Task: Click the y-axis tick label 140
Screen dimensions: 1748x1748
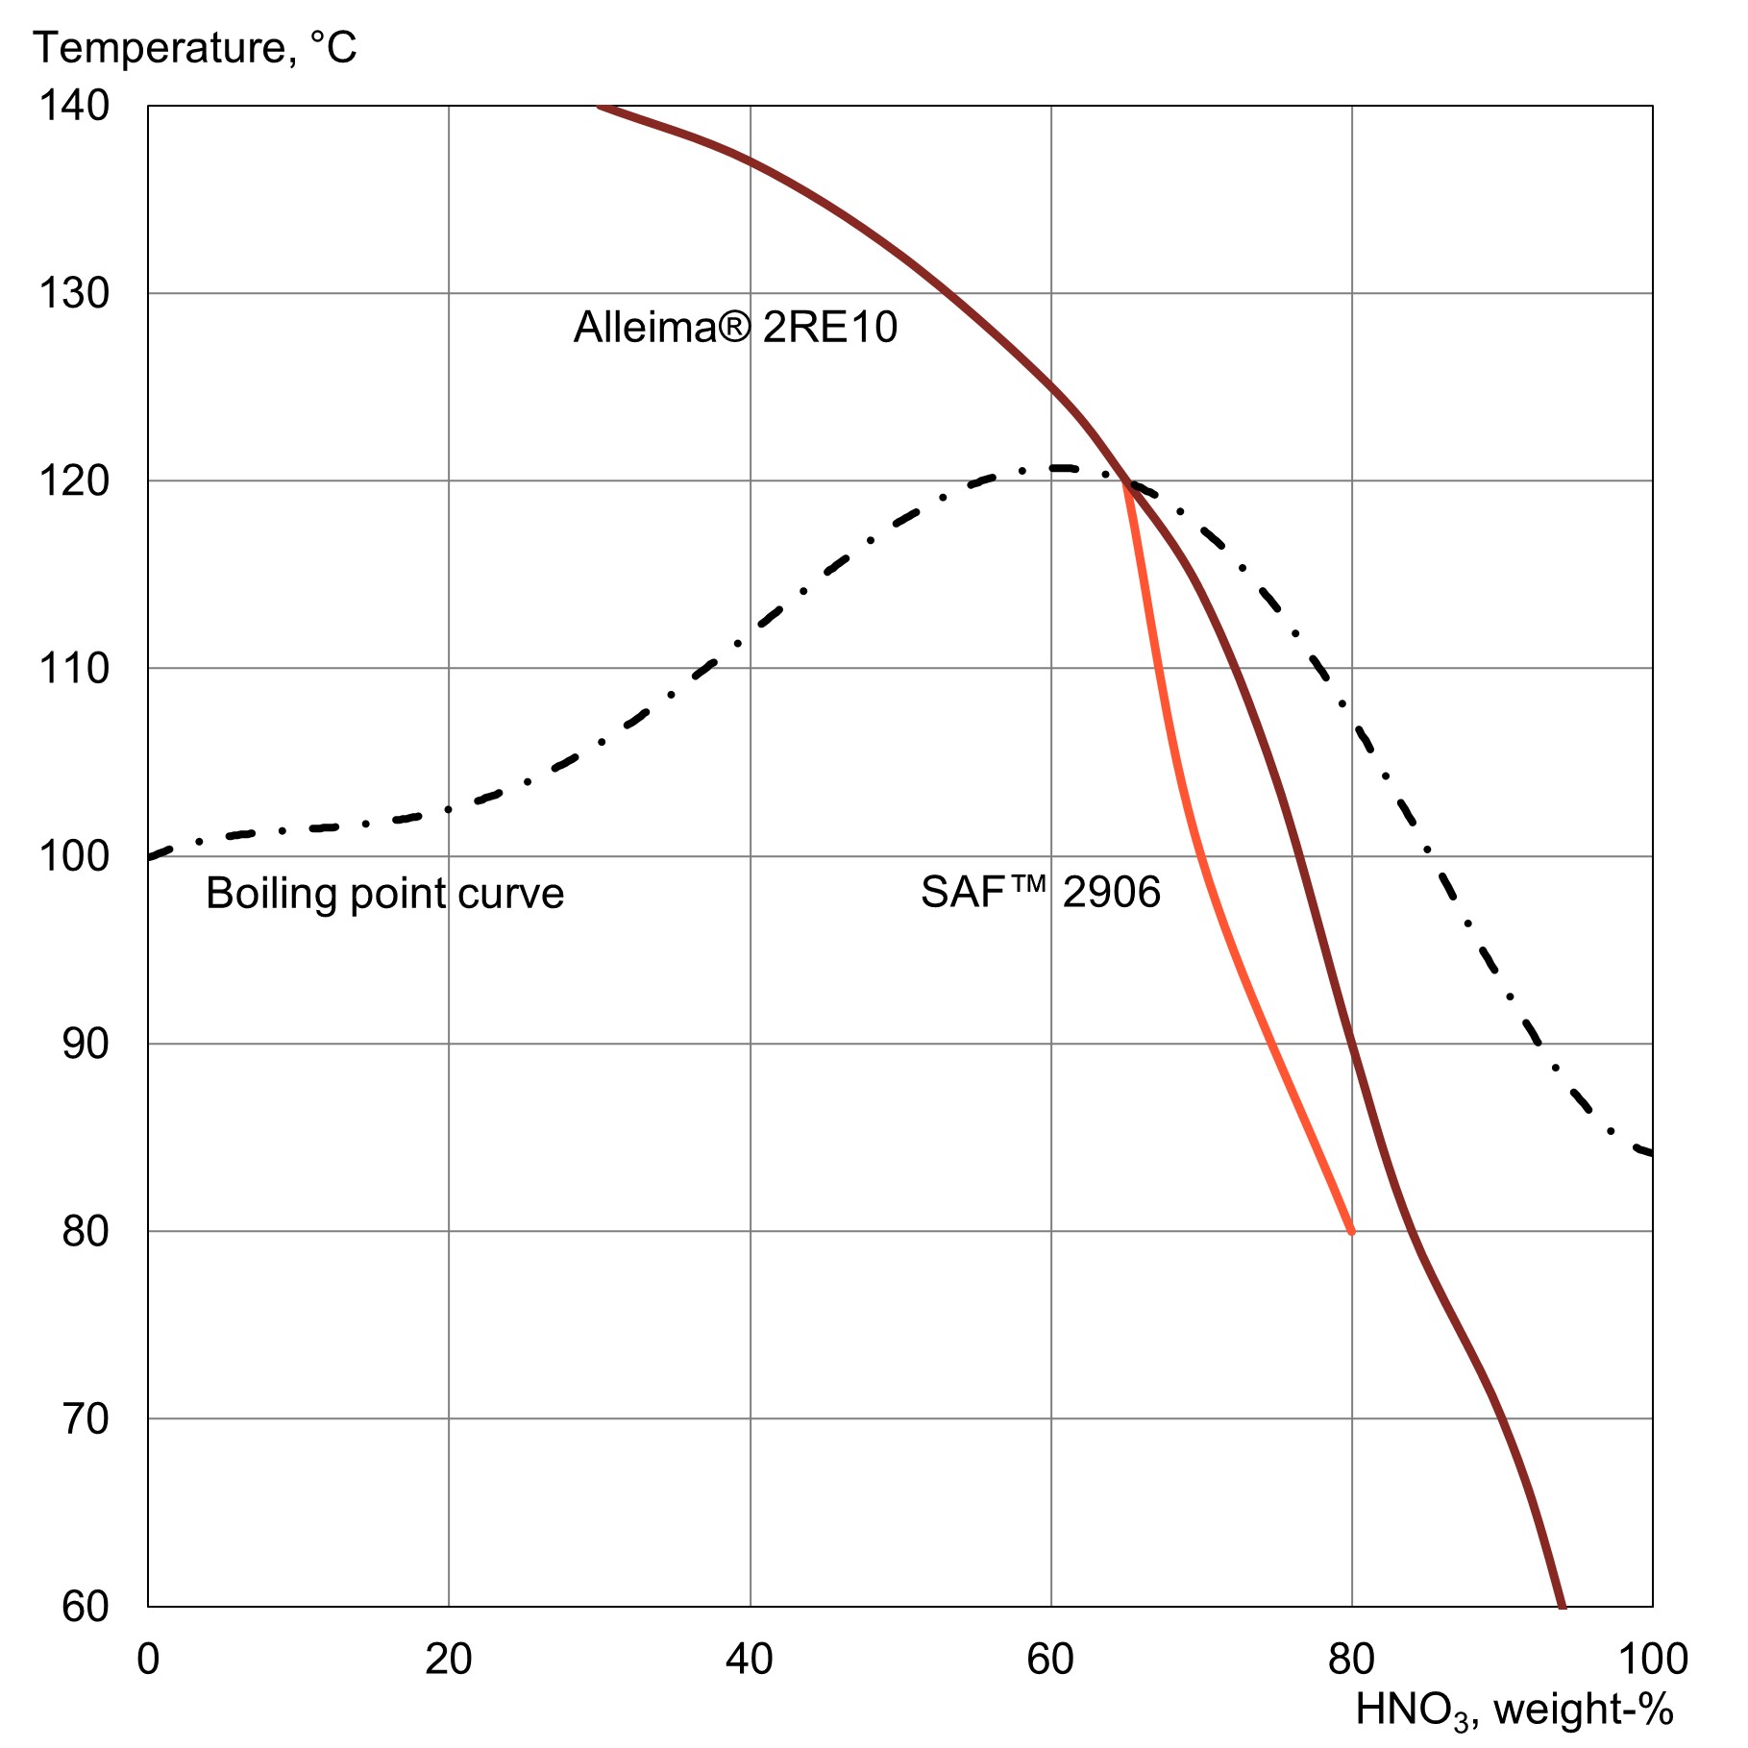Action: click(x=73, y=106)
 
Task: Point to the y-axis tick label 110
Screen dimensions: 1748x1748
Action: click(x=73, y=668)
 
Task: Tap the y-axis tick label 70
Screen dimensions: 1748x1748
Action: click(x=85, y=1418)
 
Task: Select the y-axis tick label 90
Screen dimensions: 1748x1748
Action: click(x=85, y=1044)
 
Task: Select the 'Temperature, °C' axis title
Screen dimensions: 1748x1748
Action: click(x=195, y=48)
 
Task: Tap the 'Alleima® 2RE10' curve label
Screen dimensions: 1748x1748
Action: click(x=735, y=328)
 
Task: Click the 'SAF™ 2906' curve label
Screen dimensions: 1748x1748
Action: click(x=1041, y=892)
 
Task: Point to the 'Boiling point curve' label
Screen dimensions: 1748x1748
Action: click(x=384, y=894)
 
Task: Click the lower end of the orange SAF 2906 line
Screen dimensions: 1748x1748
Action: click(x=1351, y=1230)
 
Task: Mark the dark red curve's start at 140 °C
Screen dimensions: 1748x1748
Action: click(x=600, y=107)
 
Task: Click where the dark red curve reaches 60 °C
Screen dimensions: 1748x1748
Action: click(x=1562, y=1604)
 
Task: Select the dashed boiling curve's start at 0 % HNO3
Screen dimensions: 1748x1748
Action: click(x=150, y=856)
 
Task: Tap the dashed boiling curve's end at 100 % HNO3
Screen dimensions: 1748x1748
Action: click(x=1650, y=1152)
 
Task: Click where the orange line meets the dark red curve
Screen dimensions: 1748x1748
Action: click(x=1125, y=483)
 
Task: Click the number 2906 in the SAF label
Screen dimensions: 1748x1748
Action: click(x=1111, y=892)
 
